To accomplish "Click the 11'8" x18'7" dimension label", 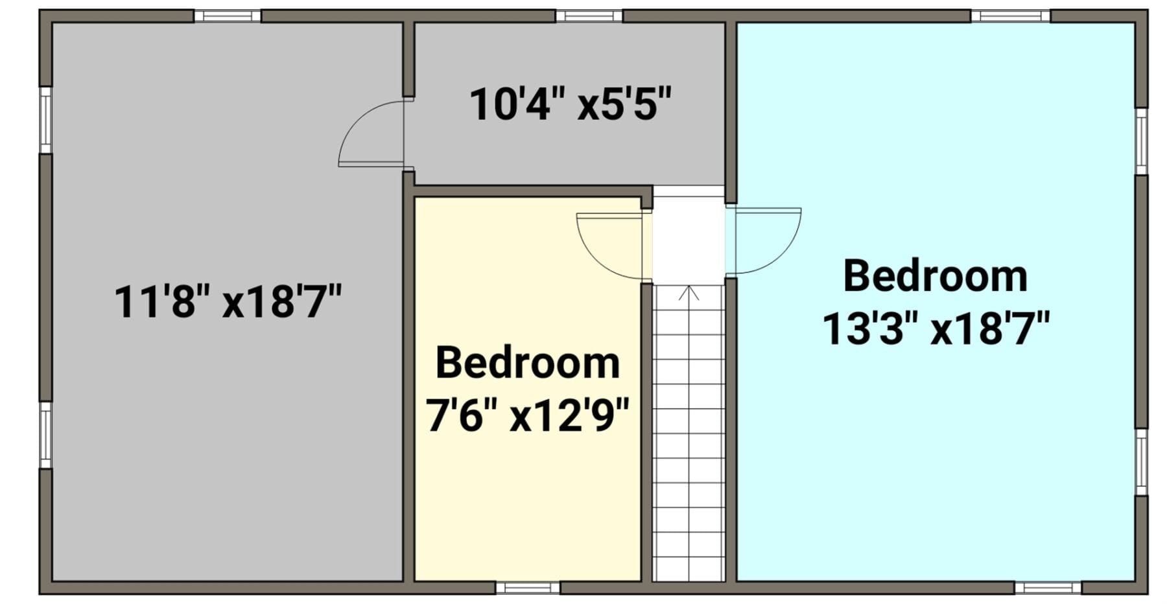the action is pyautogui.click(x=228, y=301).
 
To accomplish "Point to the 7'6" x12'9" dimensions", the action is pyautogui.click(x=527, y=415).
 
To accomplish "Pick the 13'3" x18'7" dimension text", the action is pyautogui.click(x=936, y=328).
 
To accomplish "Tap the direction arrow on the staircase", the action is pyautogui.click(x=689, y=293).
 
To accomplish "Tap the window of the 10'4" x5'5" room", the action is pyautogui.click(x=589, y=16).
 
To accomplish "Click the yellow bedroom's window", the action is pyautogui.click(x=528, y=588).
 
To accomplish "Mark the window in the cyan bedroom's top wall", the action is pyautogui.click(x=1010, y=16).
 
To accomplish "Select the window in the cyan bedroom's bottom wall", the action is pyautogui.click(x=1048, y=588).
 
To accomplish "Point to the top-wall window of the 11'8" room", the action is pyautogui.click(x=228, y=16).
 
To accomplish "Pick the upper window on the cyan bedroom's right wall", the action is pyautogui.click(x=1141, y=141).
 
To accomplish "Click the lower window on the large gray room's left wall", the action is pyautogui.click(x=45, y=435).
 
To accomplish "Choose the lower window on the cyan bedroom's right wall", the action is pyautogui.click(x=1141, y=461).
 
